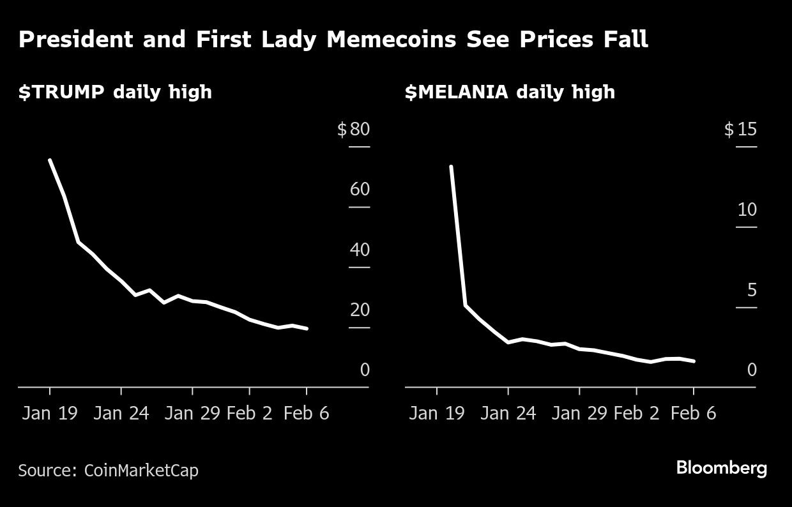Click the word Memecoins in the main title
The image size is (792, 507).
[x=391, y=40]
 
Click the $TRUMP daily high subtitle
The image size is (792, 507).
[x=115, y=92]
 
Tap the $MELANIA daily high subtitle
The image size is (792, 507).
[x=510, y=92]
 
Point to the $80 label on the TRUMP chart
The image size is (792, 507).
[x=354, y=130]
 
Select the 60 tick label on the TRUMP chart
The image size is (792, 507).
[x=360, y=190]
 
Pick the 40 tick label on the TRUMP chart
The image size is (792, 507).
[x=360, y=250]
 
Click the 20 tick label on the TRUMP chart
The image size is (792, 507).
[x=360, y=310]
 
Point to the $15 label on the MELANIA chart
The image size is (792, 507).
[x=740, y=130]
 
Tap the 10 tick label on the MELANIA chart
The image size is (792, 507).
[x=747, y=210]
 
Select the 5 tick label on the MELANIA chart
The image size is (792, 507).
[x=751, y=291]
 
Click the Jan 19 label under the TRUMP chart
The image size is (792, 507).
[x=50, y=413]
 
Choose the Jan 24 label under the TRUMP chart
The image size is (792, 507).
[x=121, y=413]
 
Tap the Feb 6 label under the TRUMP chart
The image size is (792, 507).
[x=307, y=413]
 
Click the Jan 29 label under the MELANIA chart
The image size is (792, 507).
[x=579, y=413]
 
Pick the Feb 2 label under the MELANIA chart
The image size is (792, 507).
[x=637, y=413]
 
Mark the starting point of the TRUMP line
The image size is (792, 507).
[x=50, y=160]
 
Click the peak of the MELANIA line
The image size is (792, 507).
[x=451, y=167]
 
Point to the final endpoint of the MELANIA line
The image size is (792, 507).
[x=694, y=361]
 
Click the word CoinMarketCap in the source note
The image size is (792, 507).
[x=141, y=471]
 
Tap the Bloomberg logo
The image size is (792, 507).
[x=722, y=468]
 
